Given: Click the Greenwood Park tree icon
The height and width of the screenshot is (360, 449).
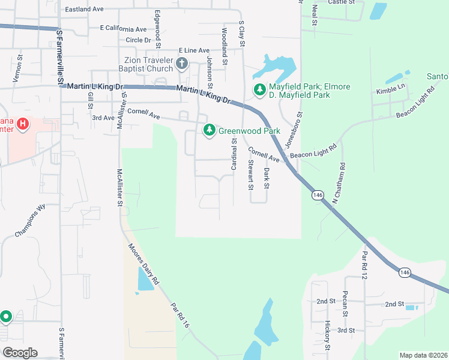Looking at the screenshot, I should coord(209,130).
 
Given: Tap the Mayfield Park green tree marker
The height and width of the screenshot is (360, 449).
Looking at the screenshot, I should coord(259,91).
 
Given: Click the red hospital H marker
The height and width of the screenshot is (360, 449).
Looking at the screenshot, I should coord(22,124).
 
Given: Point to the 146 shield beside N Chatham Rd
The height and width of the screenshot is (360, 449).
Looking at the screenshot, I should coord(317,196).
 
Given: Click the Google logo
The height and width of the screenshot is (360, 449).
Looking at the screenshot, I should coord(19,353).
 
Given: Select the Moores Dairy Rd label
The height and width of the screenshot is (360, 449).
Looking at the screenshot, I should coord(142,263).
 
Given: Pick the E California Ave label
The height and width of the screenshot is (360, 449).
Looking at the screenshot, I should coord(123,29).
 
